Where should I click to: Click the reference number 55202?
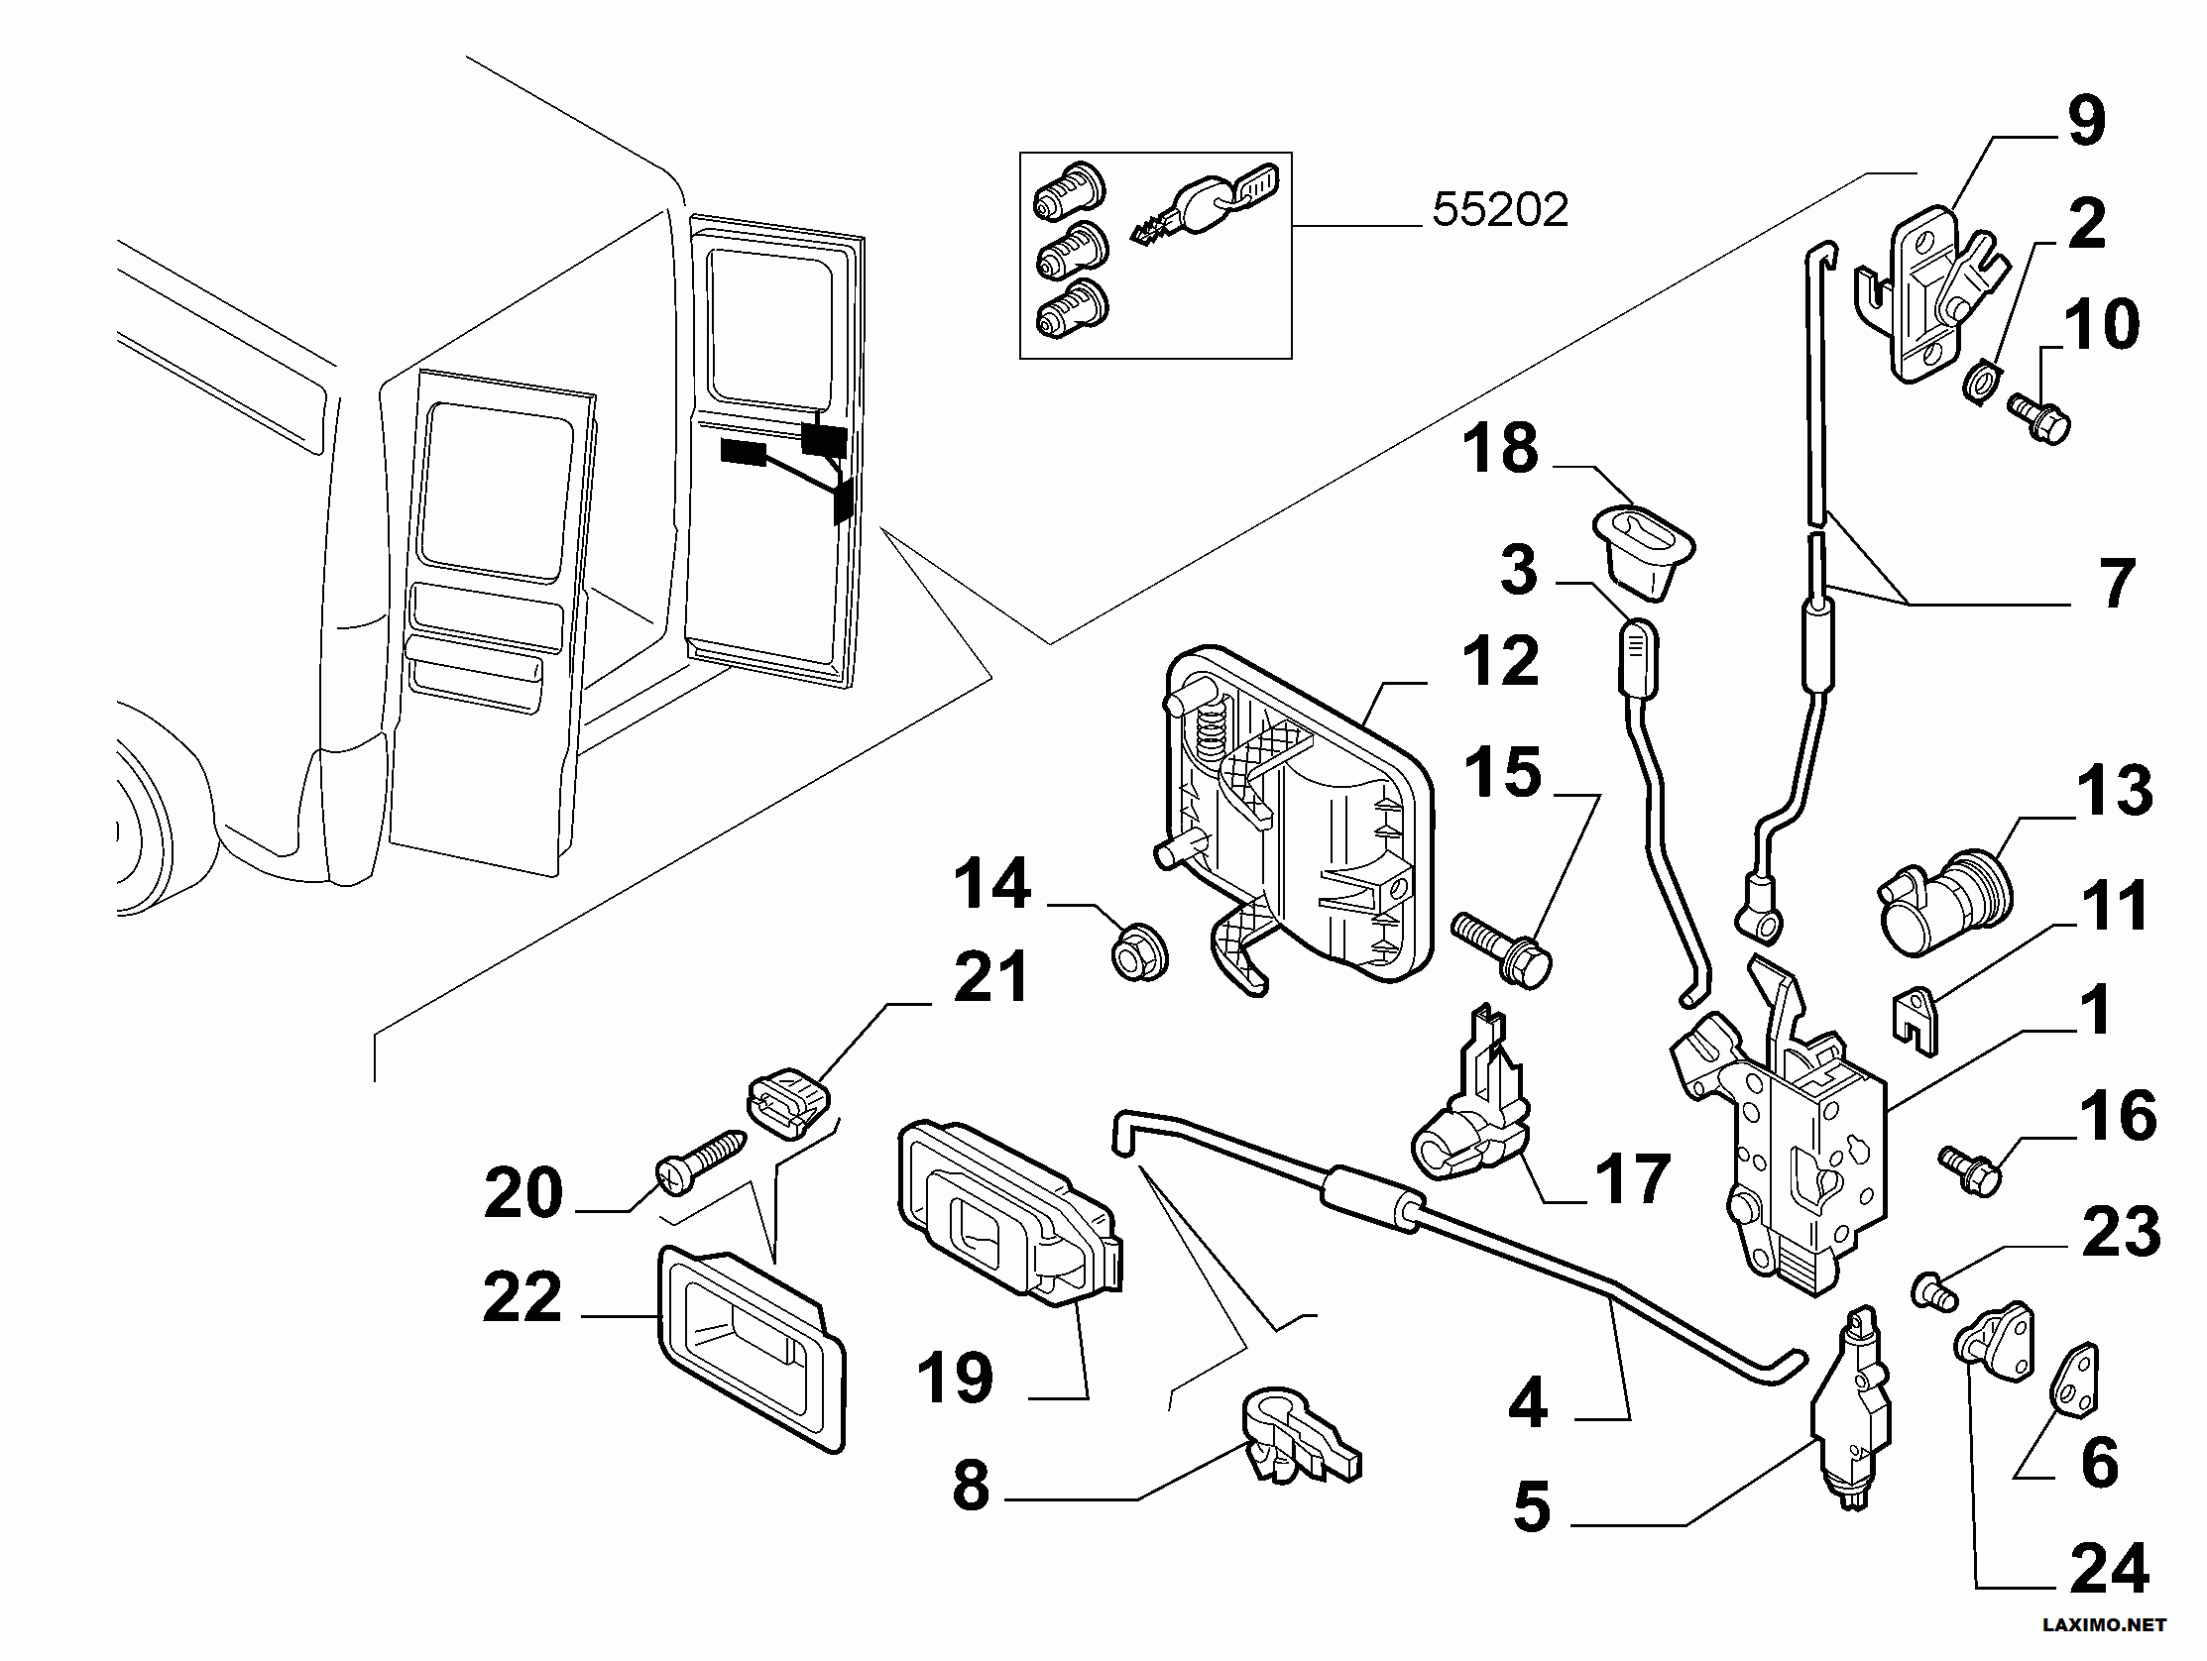1500,210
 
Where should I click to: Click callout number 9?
2086,122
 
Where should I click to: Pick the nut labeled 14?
1138,951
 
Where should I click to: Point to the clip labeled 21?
788,1101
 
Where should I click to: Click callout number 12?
1501,660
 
